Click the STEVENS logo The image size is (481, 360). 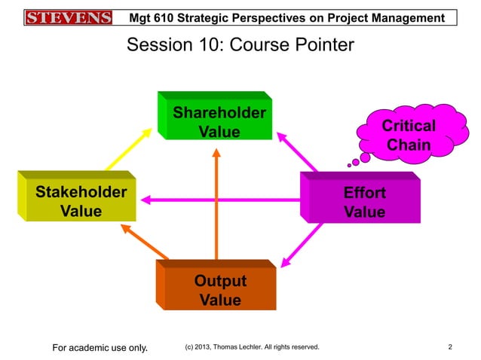coord(68,17)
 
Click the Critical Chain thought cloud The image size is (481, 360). coord(408,135)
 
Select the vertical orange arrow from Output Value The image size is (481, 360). coord(216,203)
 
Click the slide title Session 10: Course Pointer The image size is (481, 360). coord(240,46)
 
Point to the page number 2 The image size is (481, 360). coord(449,347)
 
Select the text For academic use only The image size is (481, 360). coord(99,347)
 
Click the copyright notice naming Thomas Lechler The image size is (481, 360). coord(251,347)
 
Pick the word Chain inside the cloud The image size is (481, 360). coord(408,145)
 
